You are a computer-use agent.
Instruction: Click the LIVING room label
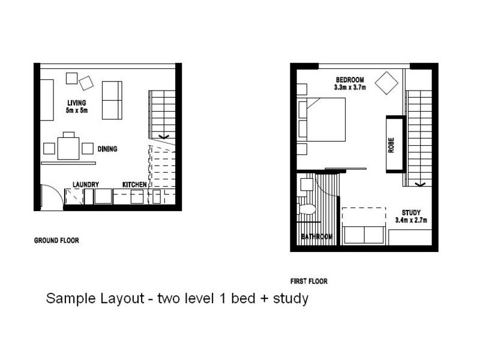[x=77, y=103]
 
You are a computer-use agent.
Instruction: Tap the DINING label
[x=107, y=149]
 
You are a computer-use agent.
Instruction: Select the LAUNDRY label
[x=86, y=185]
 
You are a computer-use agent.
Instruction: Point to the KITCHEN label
[x=134, y=185]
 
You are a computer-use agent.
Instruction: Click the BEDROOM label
[x=350, y=80]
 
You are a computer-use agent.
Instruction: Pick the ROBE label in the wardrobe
[x=391, y=145]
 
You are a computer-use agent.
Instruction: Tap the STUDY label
[x=411, y=212]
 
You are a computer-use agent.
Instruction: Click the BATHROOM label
[x=317, y=236]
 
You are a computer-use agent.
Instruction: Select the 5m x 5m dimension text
[x=77, y=110]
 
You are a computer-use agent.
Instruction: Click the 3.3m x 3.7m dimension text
[x=350, y=87]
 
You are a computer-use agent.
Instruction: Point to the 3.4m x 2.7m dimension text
[x=411, y=220]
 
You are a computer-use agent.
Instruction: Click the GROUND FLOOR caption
[x=56, y=241]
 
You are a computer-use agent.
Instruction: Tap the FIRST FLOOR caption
[x=309, y=281]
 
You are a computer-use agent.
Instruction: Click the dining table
[x=68, y=148]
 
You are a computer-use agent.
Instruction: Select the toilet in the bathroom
[x=307, y=209]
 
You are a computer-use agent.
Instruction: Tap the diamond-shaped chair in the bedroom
[x=386, y=83]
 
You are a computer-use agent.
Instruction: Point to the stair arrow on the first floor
[x=419, y=184]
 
